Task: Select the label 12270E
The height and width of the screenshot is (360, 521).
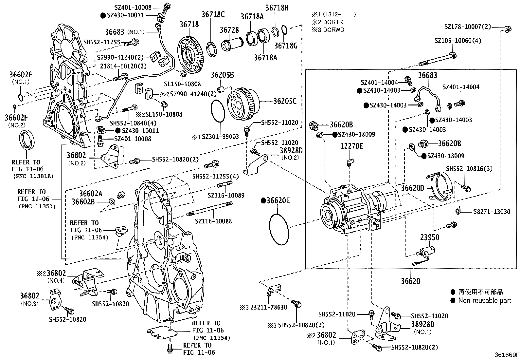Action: (x=351, y=146)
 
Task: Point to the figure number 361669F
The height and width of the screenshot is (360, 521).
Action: (x=507, y=354)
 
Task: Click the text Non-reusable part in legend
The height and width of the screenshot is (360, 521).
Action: (x=484, y=300)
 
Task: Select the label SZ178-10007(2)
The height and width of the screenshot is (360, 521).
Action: (x=468, y=27)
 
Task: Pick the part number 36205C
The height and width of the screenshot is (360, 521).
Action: (x=285, y=101)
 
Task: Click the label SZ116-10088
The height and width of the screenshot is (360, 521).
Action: (x=213, y=221)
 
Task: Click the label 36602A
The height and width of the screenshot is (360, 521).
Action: (x=91, y=194)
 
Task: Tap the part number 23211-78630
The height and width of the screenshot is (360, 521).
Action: (x=269, y=307)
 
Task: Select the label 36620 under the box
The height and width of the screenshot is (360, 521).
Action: (x=411, y=281)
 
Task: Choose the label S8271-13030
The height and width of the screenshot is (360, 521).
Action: (x=492, y=212)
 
